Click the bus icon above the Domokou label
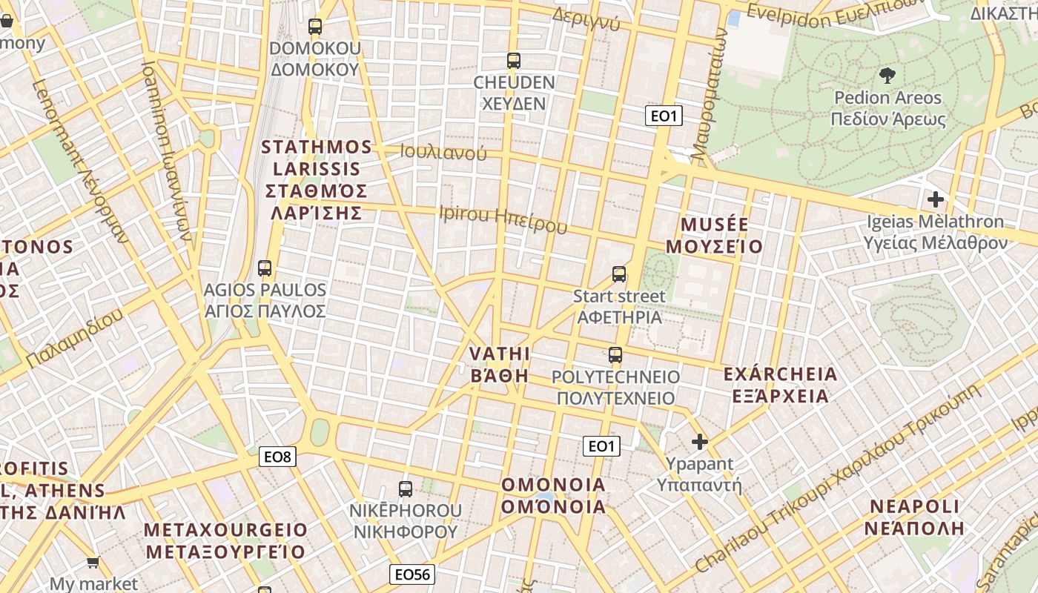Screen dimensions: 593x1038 click(x=315, y=27)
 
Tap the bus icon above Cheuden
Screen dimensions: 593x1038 click(x=513, y=61)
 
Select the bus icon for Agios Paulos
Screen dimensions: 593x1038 click(x=265, y=268)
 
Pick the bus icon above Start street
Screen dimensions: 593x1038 click(x=619, y=275)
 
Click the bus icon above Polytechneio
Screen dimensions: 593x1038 click(x=615, y=355)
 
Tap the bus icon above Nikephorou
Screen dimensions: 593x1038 click(x=406, y=489)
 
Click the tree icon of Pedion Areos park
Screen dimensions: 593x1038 click(x=887, y=75)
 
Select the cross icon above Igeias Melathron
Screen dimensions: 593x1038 click(x=936, y=199)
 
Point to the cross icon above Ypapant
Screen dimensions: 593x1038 click(x=699, y=443)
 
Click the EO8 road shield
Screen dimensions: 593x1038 click(x=278, y=457)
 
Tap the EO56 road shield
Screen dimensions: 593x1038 click(x=412, y=574)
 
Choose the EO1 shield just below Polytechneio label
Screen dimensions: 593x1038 click(x=601, y=445)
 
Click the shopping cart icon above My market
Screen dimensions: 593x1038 click(x=93, y=563)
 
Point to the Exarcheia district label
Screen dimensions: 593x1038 click(x=780, y=385)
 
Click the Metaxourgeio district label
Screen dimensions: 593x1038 click(x=225, y=541)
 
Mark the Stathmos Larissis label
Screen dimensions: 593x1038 click(x=316, y=179)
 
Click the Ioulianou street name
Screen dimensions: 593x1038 click(x=443, y=153)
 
